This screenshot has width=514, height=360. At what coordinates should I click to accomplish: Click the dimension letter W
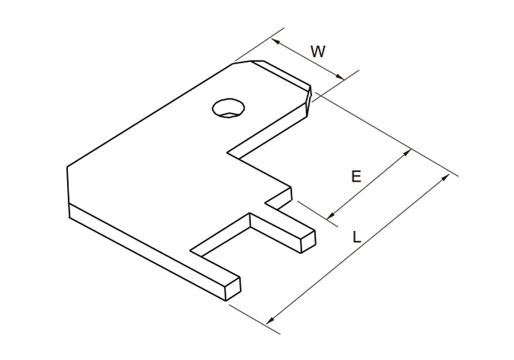[x=318, y=51]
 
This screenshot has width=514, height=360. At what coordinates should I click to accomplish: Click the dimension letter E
[x=356, y=177]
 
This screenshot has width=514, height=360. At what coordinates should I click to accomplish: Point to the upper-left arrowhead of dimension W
[x=274, y=41]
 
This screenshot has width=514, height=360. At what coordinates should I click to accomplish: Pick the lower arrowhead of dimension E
[x=331, y=215]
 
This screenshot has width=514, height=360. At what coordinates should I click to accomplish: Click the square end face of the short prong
[x=307, y=241]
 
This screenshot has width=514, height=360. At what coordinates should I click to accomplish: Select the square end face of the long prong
[x=232, y=287]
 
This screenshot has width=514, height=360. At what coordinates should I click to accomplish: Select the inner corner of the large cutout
[x=238, y=160]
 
